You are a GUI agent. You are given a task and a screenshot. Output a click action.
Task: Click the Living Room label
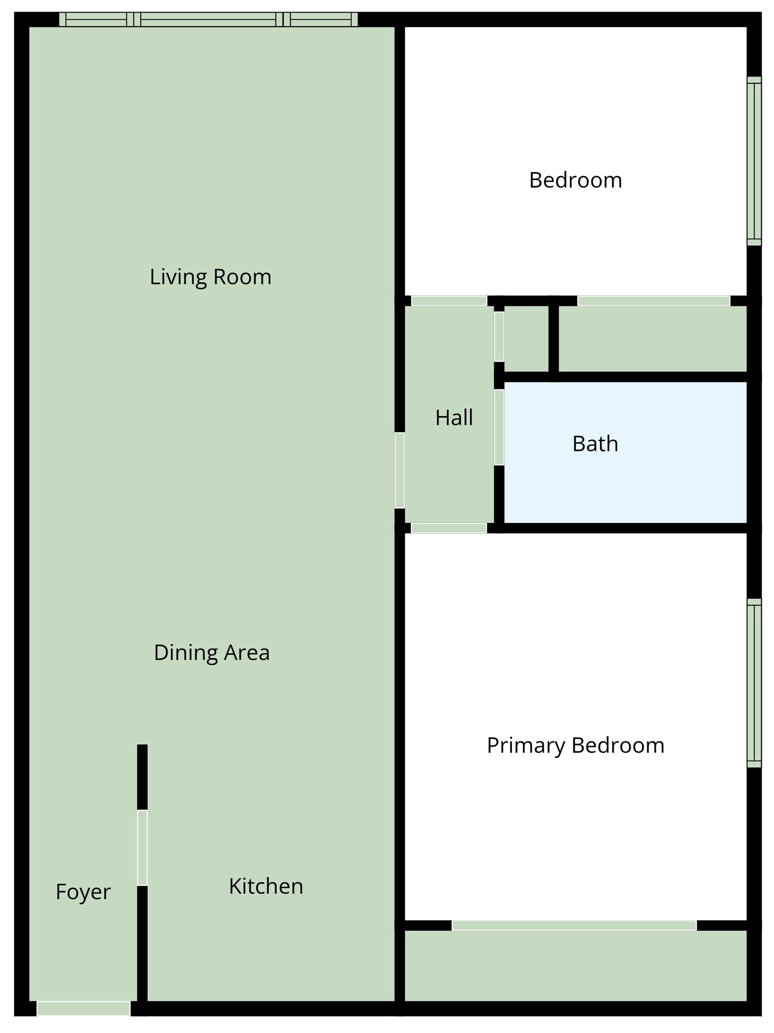point(210,277)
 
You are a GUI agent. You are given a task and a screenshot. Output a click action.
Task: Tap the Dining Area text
point(212,653)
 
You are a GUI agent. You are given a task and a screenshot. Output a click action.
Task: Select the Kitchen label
point(266,886)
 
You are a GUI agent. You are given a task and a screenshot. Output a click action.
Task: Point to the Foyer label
point(83,892)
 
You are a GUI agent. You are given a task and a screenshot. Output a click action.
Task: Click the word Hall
point(454,418)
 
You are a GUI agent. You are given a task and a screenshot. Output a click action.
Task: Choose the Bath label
point(595,444)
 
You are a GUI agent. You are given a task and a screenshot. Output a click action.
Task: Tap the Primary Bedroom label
point(575,745)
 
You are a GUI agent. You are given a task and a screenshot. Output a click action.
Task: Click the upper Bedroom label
point(575,180)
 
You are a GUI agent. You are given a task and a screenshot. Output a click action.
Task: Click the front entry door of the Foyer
point(84,1008)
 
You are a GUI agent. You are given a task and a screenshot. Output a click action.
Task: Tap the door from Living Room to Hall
point(399,470)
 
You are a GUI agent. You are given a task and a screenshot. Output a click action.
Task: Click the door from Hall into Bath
point(499,427)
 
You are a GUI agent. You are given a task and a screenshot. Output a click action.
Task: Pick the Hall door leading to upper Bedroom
point(449,301)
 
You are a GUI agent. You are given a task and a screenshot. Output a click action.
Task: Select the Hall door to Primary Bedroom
point(449,528)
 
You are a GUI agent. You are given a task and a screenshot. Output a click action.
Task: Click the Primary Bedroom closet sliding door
point(574,926)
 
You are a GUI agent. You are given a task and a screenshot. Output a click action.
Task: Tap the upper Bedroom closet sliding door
point(653,301)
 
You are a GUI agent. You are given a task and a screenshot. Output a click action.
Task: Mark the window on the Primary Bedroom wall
point(754,683)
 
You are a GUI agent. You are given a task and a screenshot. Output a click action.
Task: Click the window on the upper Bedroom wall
point(754,161)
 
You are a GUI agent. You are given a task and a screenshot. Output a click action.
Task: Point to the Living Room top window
point(208,19)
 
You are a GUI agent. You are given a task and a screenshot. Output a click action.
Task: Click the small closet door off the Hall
point(499,336)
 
